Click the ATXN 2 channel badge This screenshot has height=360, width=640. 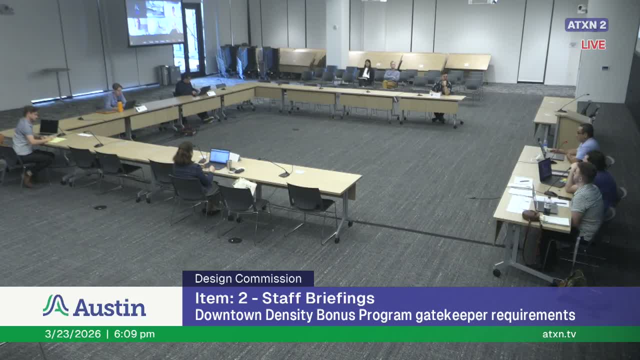point(586,25)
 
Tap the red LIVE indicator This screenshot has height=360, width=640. point(593,44)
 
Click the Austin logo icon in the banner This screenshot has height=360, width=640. point(55,305)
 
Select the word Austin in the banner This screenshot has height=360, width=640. point(109,307)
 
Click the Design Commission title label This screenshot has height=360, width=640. point(248,278)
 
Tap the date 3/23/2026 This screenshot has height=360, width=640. point(72,334)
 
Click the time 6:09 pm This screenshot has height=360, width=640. point(134,334)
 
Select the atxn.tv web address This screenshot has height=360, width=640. point(559,334)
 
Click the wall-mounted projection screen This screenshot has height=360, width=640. point(154,22)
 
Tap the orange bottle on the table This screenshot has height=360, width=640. point(120,106)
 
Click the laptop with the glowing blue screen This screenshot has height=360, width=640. point(219,156)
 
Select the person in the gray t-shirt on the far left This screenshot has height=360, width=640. point(25,142)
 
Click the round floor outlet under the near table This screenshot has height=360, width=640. point(234,240)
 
